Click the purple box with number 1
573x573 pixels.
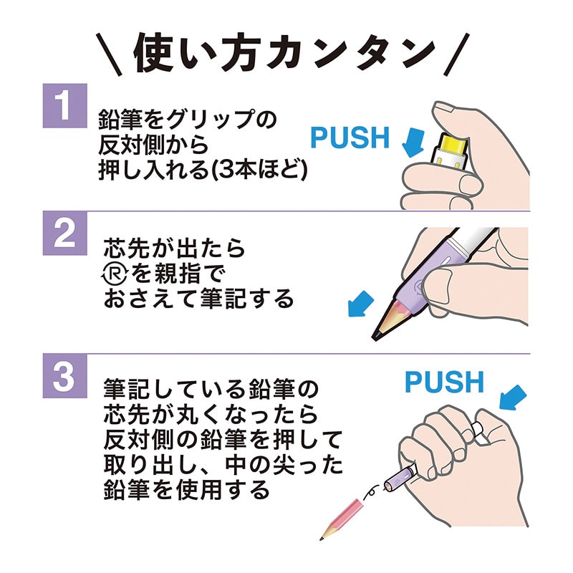(64, 105)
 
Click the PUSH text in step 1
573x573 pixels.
(350, 137)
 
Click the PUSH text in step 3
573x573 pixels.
(444, 382)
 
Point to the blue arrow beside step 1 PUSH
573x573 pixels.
(413, 140)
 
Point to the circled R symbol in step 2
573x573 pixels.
(113, 274)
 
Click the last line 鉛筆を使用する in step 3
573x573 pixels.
(187, 489)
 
